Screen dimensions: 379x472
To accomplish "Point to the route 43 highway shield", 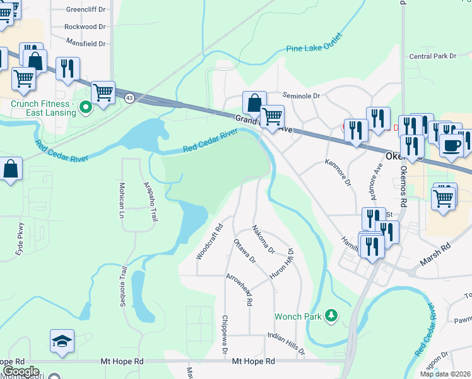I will tap(129, 98).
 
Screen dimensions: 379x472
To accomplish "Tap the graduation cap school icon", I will tap(62, 341).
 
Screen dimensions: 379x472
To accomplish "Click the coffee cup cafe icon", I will tap(451, 145).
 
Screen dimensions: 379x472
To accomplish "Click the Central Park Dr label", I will tap(432, 56).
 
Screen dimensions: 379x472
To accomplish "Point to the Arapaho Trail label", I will tap(151, 201).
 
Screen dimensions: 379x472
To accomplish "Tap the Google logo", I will tap(21, 371).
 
